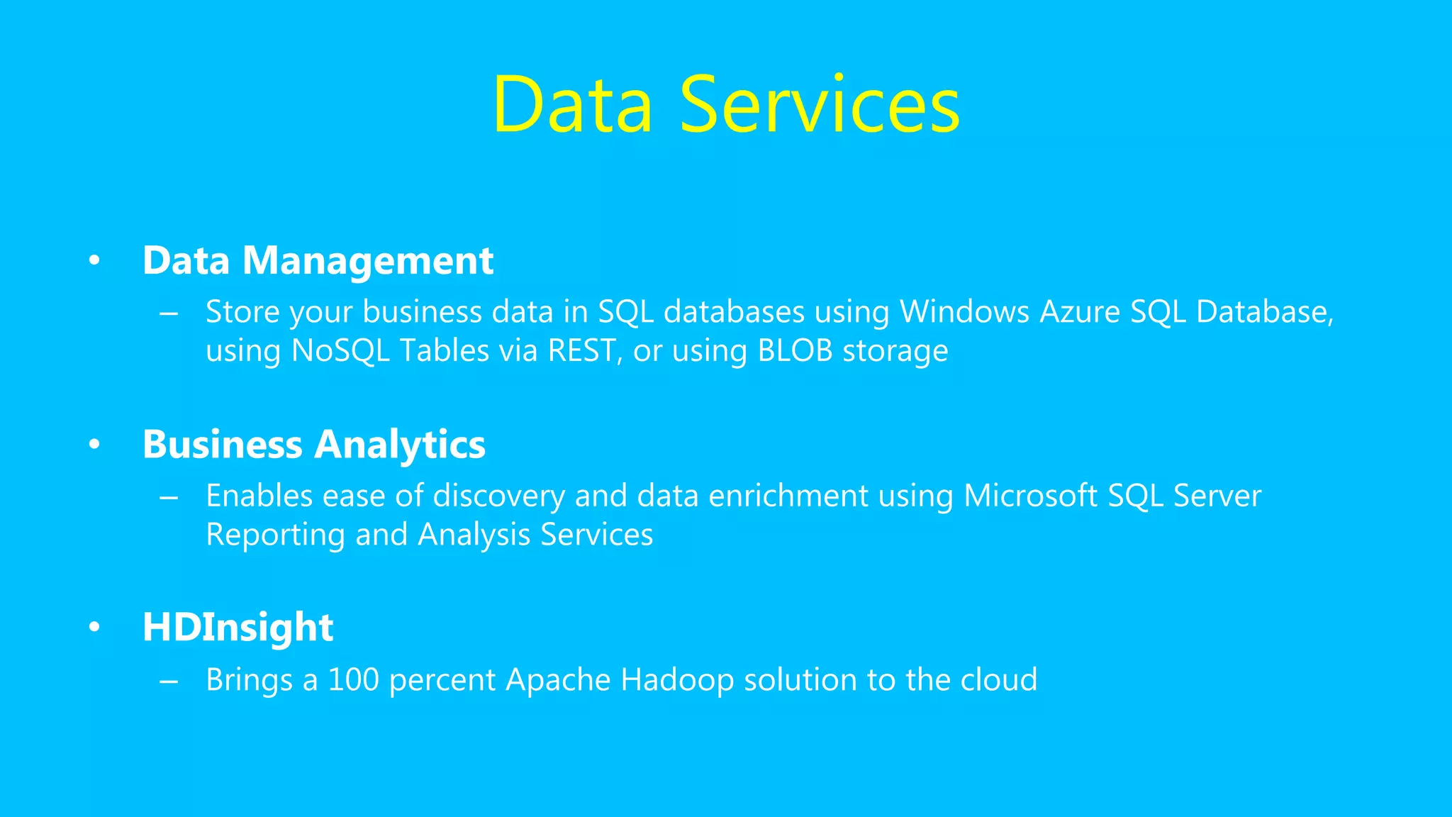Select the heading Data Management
tap(318, 260)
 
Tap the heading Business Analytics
tap(313, 445)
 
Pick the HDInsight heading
tap(238, 628)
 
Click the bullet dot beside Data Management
tap(94, 261)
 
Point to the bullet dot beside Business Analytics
tap(94, 445)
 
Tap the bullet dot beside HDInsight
tap(94, 628)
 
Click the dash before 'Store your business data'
tap(169, 313)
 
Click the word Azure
tap(1079, 312)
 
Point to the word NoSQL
tap(340, 351)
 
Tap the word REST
tap(581, 351)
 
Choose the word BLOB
tap(795, 351)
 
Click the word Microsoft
tap(1030, 496)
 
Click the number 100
tap(353, 680)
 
